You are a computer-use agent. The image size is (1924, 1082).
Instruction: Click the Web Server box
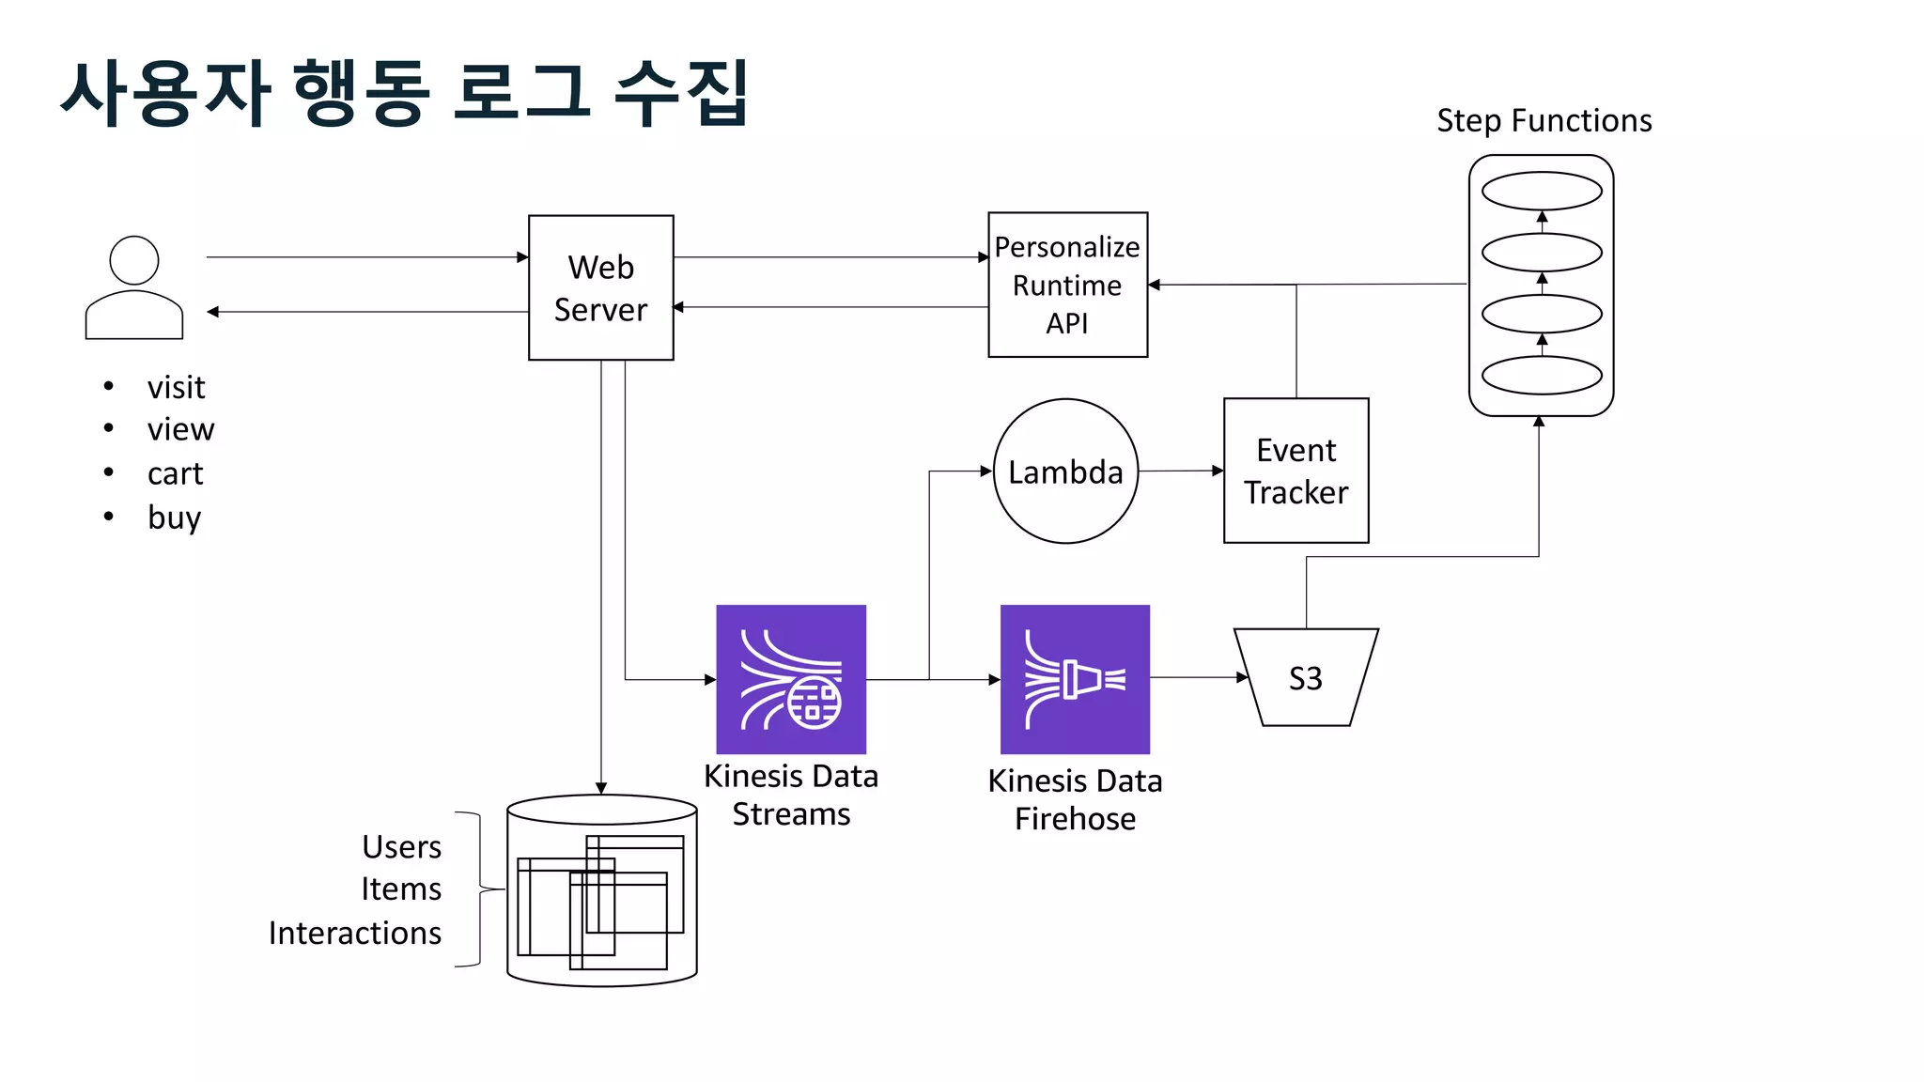[600, 287]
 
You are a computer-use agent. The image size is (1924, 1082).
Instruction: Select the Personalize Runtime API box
[1067, 285]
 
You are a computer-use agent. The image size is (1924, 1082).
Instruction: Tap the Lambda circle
[1065, 471]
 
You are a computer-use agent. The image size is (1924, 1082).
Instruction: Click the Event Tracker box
[1296, 471]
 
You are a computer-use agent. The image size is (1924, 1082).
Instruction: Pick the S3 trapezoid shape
[1305, 677]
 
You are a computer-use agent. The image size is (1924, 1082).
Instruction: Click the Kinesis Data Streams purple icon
[791, 679]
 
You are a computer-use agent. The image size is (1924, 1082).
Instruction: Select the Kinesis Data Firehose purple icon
[1075, 679]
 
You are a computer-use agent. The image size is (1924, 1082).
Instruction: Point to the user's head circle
[134, 260]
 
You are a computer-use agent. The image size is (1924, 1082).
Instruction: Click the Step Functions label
[1544, 120]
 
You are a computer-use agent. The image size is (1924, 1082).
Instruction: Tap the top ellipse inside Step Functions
[1542, 191]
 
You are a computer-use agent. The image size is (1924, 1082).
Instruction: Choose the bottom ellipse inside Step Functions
[1542, 375]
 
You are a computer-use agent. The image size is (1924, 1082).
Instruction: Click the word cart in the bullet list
[175, 473]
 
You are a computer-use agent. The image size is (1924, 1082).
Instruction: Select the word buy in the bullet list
[174, 518]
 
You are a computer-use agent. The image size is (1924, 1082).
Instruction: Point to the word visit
[176, 387]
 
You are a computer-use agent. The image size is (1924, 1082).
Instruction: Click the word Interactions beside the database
[354, 933]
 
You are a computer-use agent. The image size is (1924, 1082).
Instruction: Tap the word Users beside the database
[401, 846]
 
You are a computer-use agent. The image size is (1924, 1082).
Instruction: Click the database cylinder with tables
[601, 890]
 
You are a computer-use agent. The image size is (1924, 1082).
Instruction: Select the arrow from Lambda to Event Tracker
[1180, 471]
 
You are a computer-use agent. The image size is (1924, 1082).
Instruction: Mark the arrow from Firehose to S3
[1198, 677]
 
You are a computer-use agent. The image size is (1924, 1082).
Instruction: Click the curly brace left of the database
[479, 889]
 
